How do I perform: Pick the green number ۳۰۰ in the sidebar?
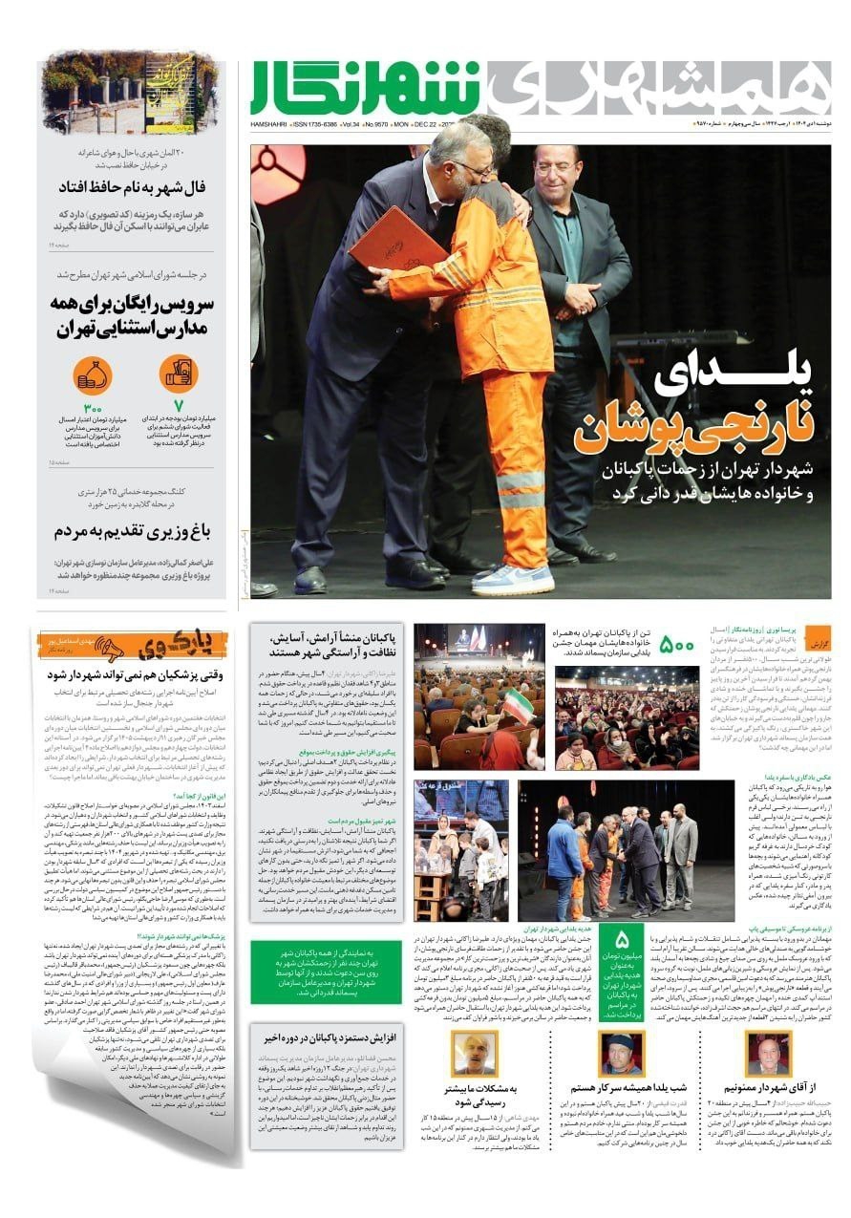click(x=93, y=408)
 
